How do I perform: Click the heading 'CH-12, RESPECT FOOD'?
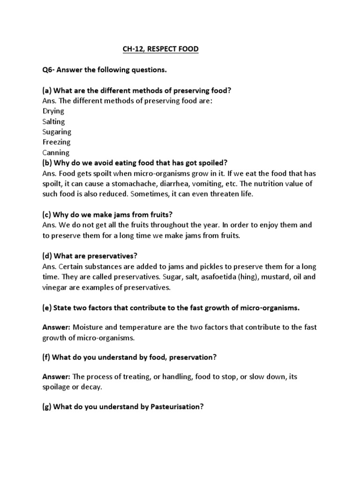157,49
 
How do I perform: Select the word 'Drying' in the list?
53,111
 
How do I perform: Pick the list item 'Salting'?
53,121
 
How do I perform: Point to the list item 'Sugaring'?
57,132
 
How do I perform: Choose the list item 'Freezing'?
56,142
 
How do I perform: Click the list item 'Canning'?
56,152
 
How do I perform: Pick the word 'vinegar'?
54,287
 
